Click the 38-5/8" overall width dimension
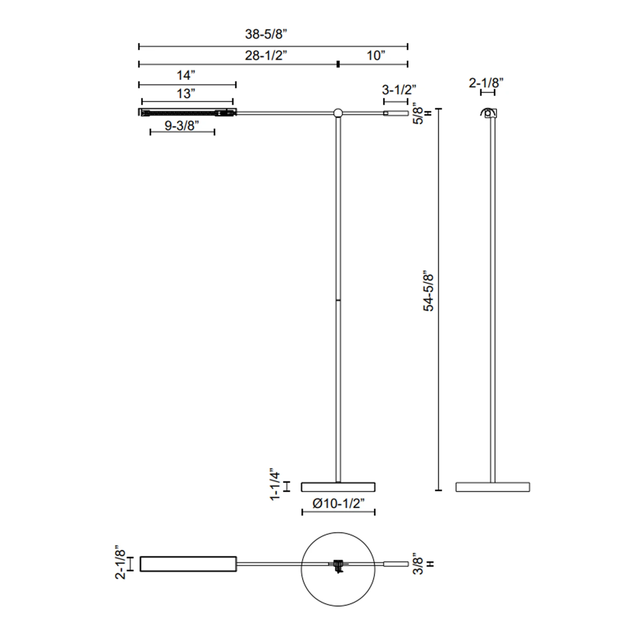coord(266,34)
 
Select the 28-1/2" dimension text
coord(266,55)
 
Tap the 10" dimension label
coord(376,55)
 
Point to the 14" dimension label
coord(186,75)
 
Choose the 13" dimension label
coord(186,94)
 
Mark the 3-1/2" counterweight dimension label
coord(399,90)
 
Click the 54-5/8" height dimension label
coord(428,292)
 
